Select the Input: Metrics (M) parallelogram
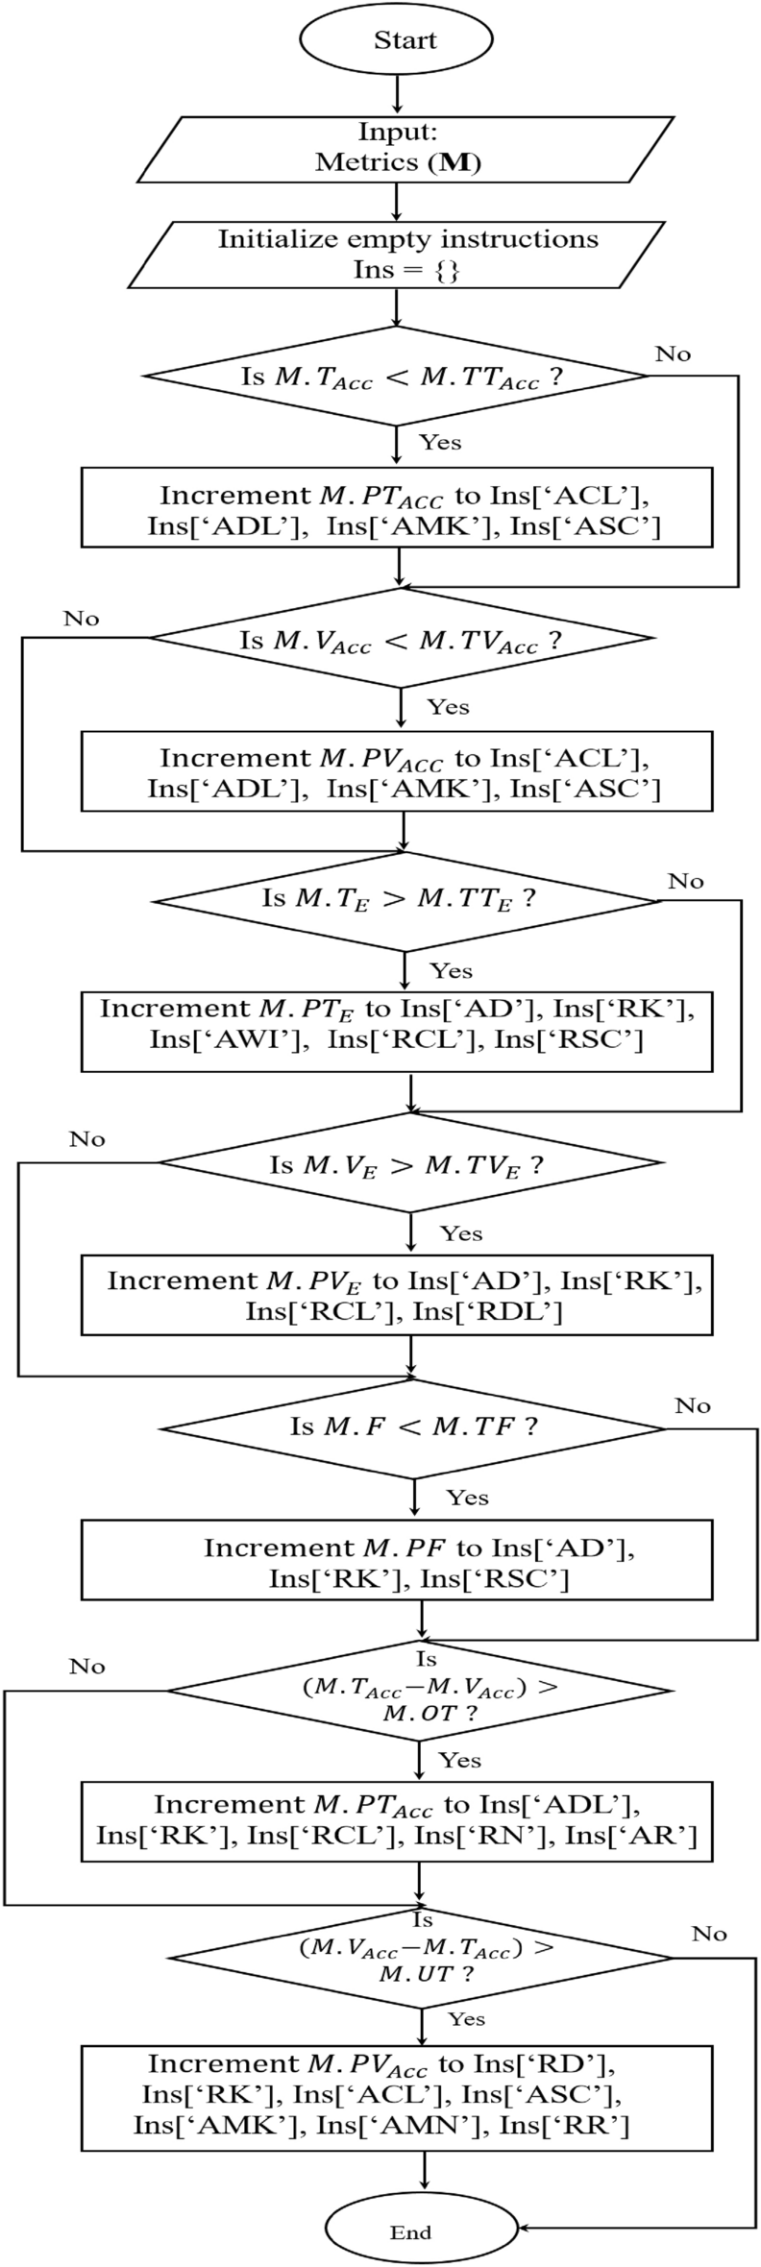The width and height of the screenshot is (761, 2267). click(396, 147)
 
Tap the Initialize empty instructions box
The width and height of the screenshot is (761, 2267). click(396, 254)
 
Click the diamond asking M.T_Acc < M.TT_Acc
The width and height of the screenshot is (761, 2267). click(398, 376)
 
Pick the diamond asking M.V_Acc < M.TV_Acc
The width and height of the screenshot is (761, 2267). click(401, 640)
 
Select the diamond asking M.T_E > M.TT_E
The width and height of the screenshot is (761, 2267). click(404, 901)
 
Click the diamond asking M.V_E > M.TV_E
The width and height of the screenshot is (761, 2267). click(411, 1164)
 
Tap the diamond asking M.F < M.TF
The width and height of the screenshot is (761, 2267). click(415, 1426)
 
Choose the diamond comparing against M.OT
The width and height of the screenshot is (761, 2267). click(420, 1693)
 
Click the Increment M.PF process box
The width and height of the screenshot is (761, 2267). click(397, 1561)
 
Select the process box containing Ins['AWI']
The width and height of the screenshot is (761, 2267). click(397, 1032)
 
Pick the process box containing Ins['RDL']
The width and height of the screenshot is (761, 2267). click(397, 1295)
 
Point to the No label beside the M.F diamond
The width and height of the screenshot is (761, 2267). click(692, 1406)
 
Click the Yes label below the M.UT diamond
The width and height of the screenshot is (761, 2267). click(466, 2019)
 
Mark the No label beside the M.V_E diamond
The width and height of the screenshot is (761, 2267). click(86, 1139)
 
